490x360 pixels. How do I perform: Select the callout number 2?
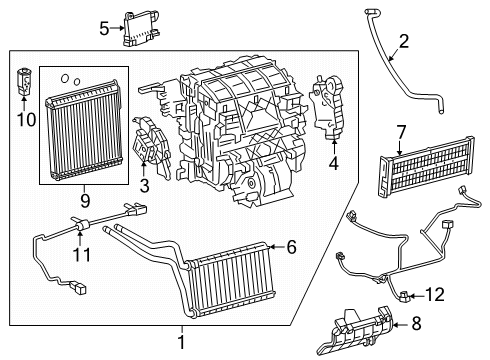[x=403, y=41]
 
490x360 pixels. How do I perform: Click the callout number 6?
[x=292, y=246]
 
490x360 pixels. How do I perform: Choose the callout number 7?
[x=400, y=131]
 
